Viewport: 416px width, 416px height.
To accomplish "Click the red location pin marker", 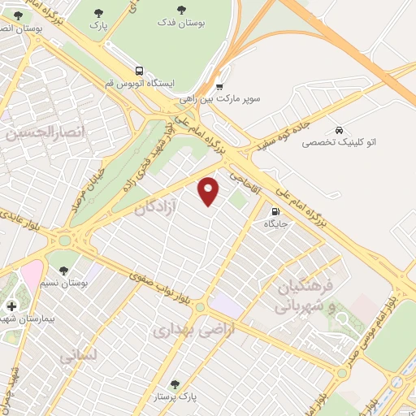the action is pos(210,190).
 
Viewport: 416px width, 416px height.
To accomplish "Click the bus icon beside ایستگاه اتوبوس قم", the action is pos(141,71).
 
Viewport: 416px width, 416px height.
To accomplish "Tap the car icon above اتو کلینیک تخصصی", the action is pos(339,129).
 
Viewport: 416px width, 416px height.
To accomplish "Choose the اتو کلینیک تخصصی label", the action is pos(339,142).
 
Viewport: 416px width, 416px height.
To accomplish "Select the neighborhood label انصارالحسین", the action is pos(34,134).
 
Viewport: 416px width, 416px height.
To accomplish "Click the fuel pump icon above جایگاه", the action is pos(275,213).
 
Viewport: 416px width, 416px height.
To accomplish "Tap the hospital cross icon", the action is pos(11,306).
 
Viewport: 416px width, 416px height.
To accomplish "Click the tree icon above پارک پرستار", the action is pos(175,384).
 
